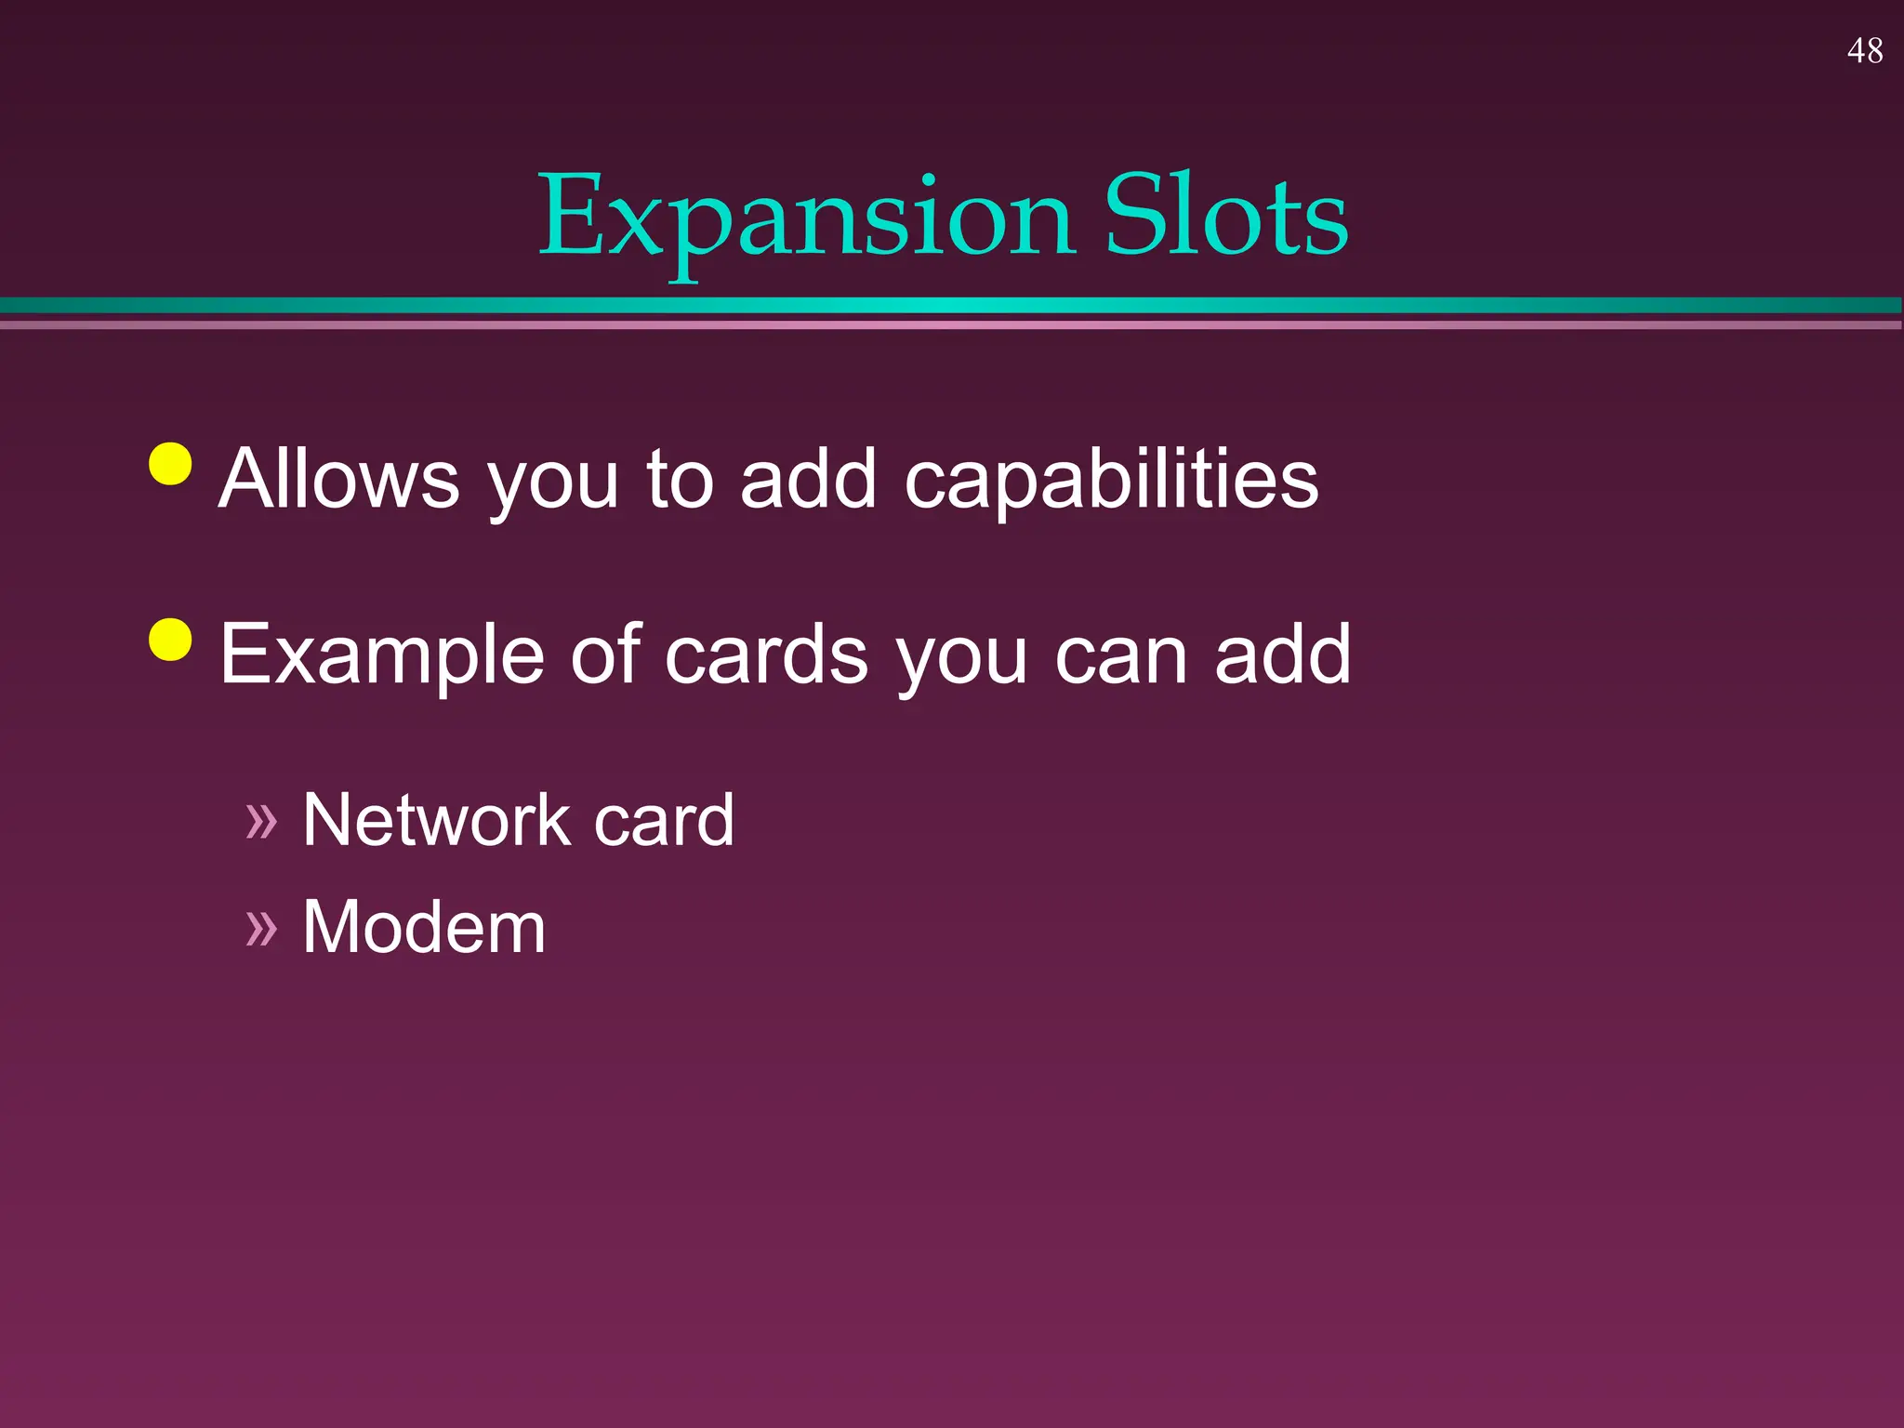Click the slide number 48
coord(1864,51)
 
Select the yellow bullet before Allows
coord(170,463)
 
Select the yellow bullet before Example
coord(170,639)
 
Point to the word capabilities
coord(1111,480)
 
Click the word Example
coord(381,656)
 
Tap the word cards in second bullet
coord(766,654)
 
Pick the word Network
coord(436,820)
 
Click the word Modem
coord(424,927)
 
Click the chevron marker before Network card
coord(261,821)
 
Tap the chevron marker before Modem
coord(261,928)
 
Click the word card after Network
coord(664,820)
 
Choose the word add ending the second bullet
coord(1282,654)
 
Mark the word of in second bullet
coord(605,654)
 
